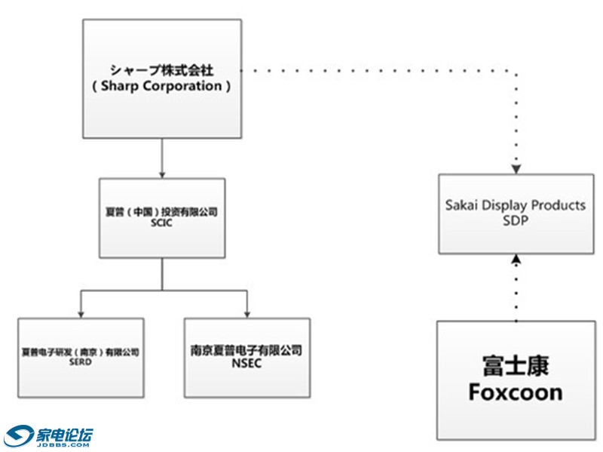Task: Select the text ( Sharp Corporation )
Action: (x=161, y=86)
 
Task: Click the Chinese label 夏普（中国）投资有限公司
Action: (x=162, y=213)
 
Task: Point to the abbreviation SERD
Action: (x=80, y=362)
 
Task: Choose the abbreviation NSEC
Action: (x=246, y=362)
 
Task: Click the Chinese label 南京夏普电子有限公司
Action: (x=246, y=351)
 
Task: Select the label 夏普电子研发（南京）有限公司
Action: (x=80, y=352)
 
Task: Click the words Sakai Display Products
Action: (x=516, y=206)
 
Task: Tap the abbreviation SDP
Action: (x=516, y=219)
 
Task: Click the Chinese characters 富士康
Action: (x=516, y=366)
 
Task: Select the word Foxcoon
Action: (x=516, y=392)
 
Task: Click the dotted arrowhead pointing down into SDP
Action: (x=516, y=167)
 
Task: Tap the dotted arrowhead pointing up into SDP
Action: (x=516, y=260)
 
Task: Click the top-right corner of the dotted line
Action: (x=516, y=72)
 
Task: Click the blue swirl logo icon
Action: (x=18, y=437)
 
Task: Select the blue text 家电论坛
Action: (x=64, y=434)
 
